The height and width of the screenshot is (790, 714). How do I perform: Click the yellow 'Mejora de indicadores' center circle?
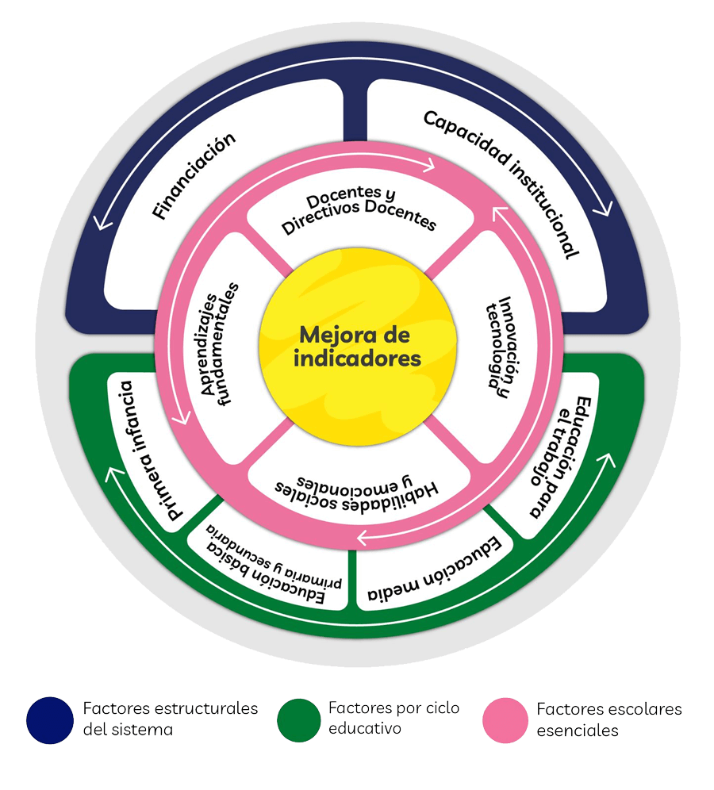(356, 347)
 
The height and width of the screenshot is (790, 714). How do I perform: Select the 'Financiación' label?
(195, 176)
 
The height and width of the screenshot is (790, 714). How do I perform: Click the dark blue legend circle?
(50, 720)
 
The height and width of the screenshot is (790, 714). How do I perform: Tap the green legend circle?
(299, 720)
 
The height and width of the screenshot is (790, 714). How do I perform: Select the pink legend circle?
(505, 720)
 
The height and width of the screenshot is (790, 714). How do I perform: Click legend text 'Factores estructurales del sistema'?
(170, 719)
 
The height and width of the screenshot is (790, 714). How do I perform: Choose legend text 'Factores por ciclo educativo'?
(393, 718)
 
